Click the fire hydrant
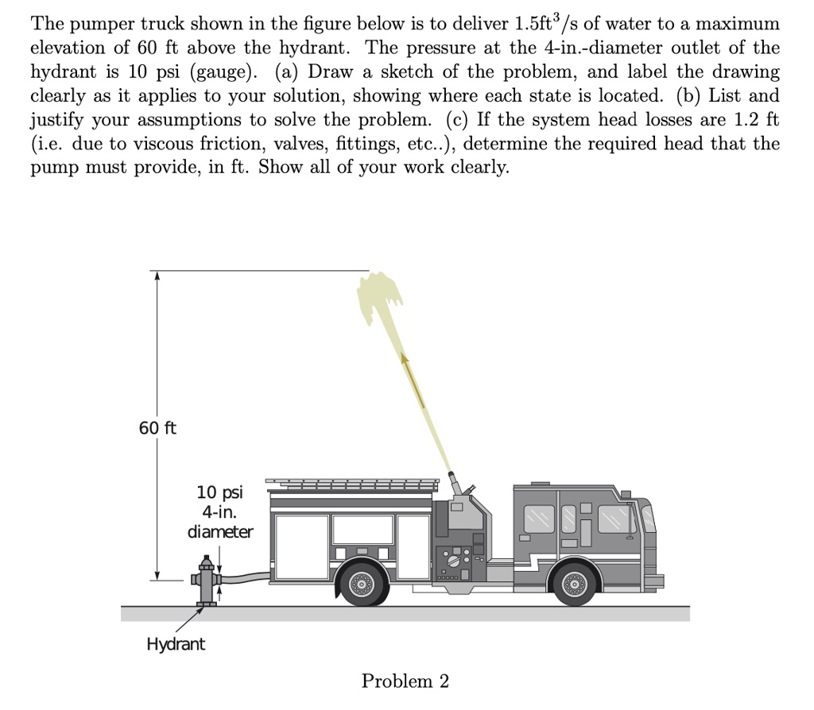[x=207, y=584]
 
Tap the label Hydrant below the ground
[x=175, y=644]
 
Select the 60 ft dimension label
[x=157, y=429]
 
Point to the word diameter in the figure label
[x=220, y=531]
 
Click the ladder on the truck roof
[x=351, y=482]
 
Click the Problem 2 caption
[x=405, y=681]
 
